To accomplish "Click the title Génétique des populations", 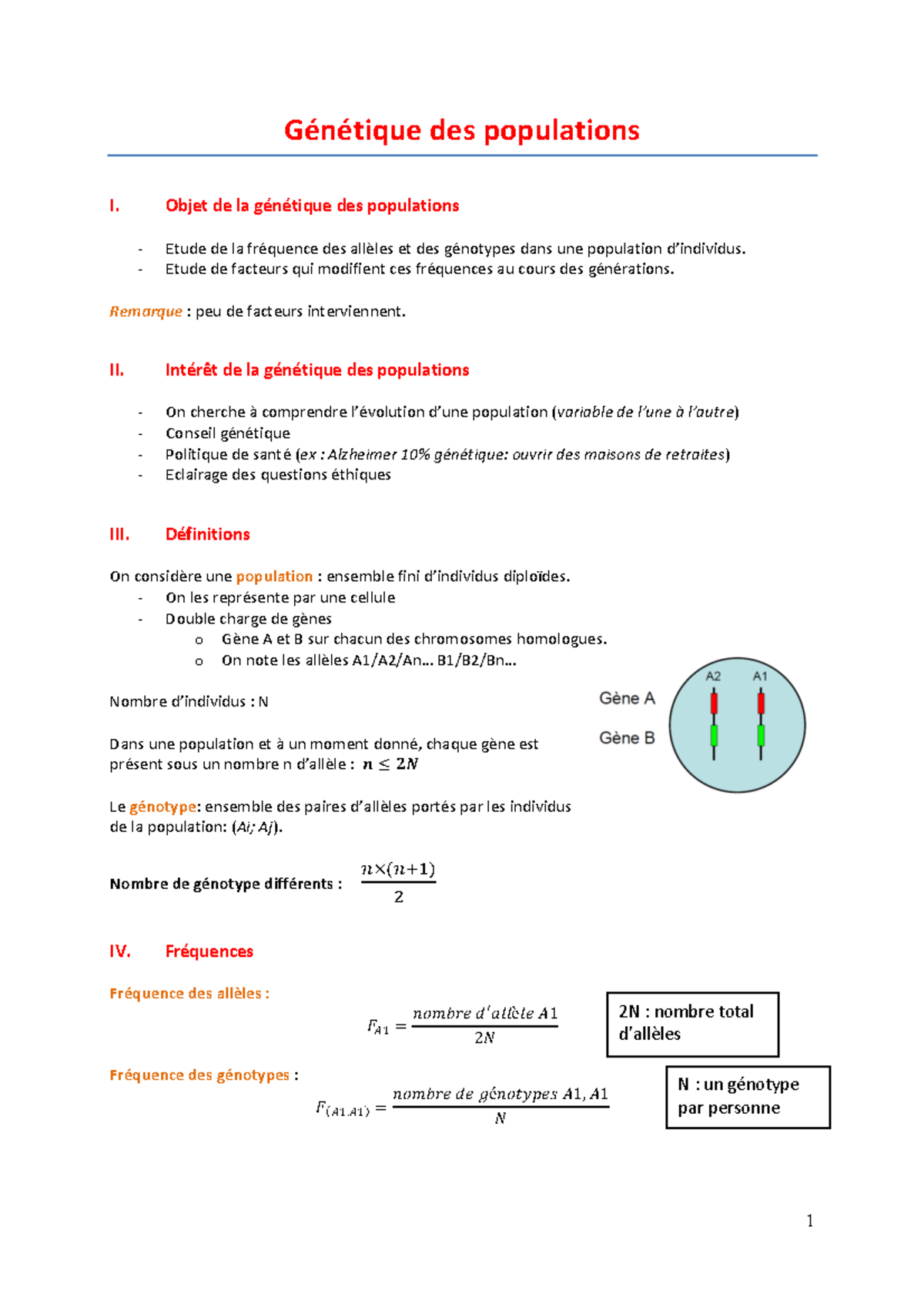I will [x=461, y=130].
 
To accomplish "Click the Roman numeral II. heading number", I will [x=117, y=370].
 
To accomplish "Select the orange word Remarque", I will [x=146, y=312].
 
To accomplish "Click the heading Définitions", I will [x=208, y=534].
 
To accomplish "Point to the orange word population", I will [x=274, y=577].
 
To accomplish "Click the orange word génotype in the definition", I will [x=162, y=807].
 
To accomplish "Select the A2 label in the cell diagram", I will [x=713, y=676].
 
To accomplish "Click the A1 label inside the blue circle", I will [x=760, y=676].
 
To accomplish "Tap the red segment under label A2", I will [x=714, y=703].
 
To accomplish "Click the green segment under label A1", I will [x=761, y=735].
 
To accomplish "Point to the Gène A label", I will [x=627, y=698].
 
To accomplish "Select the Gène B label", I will [x=627, y=737].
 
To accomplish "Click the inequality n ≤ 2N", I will [x=390, y=764].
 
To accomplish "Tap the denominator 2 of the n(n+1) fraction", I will [x=399, y=897].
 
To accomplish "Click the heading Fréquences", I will [x=209, y=951].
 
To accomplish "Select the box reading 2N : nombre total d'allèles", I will [x=692, y=1024].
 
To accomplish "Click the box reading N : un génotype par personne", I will [x=748, y=1097].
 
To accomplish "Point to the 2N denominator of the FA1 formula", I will [x=484, y=1038].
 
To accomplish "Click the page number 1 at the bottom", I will [x=809, y=1221].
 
